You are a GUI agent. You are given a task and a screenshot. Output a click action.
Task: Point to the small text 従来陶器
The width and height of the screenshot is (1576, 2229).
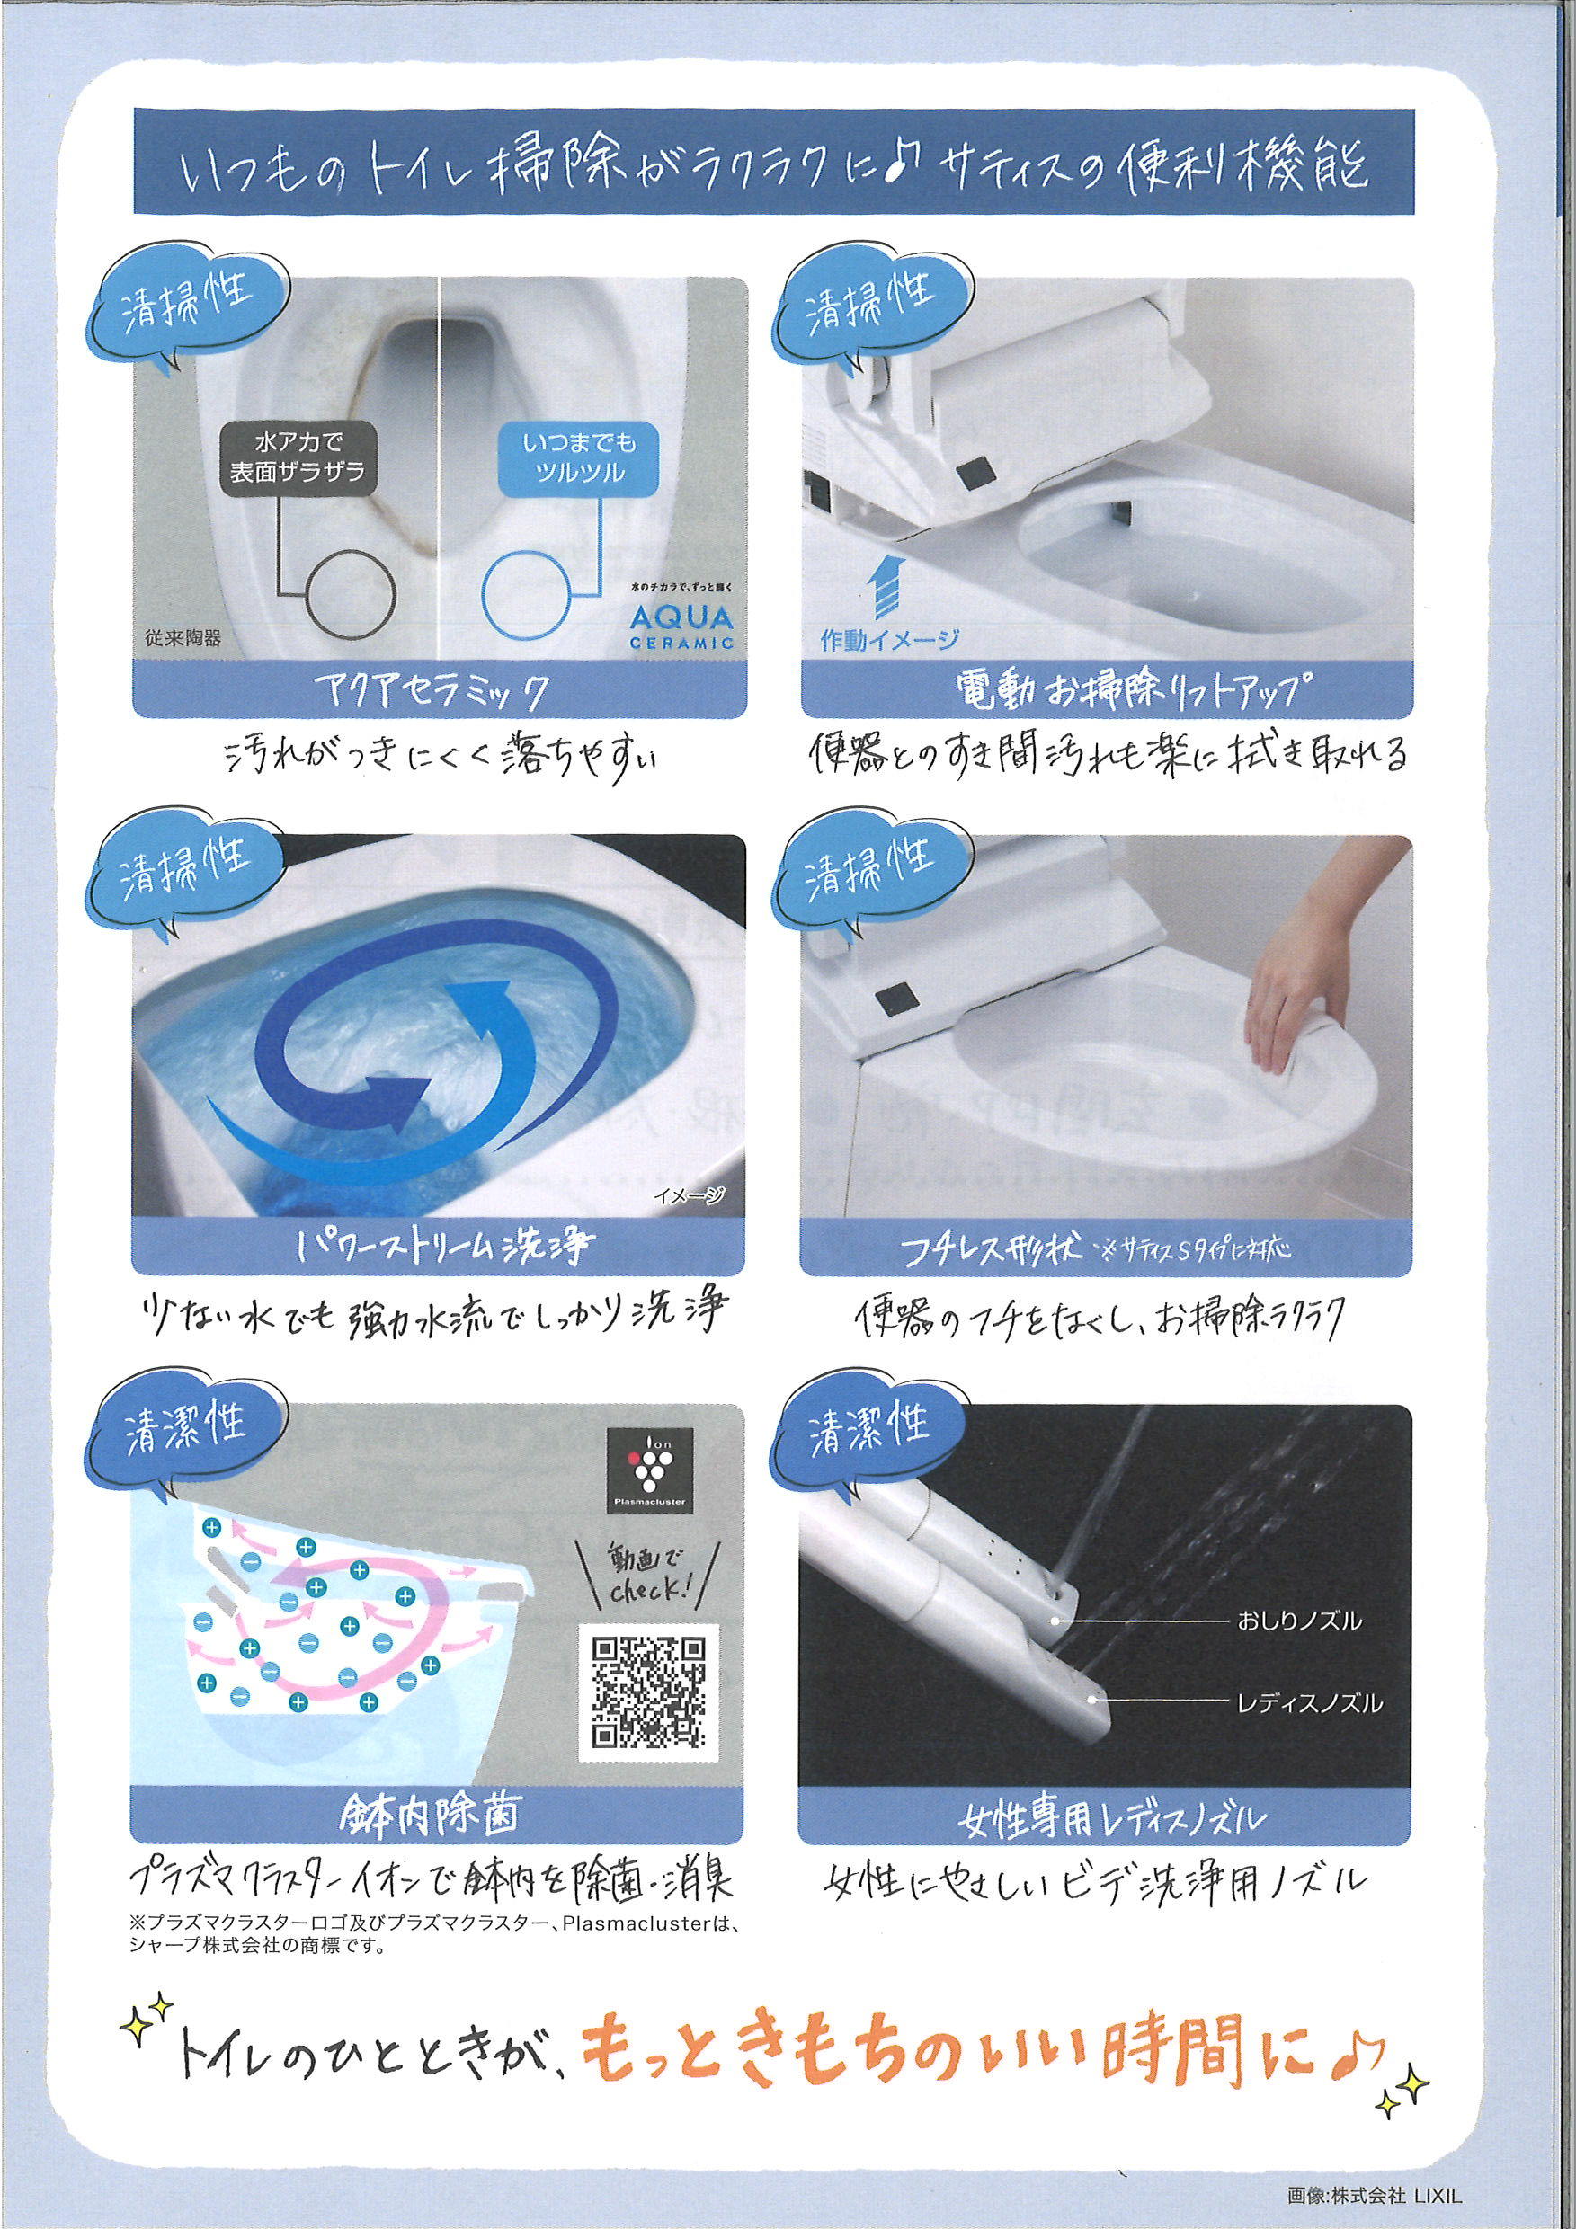coord(191,639)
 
